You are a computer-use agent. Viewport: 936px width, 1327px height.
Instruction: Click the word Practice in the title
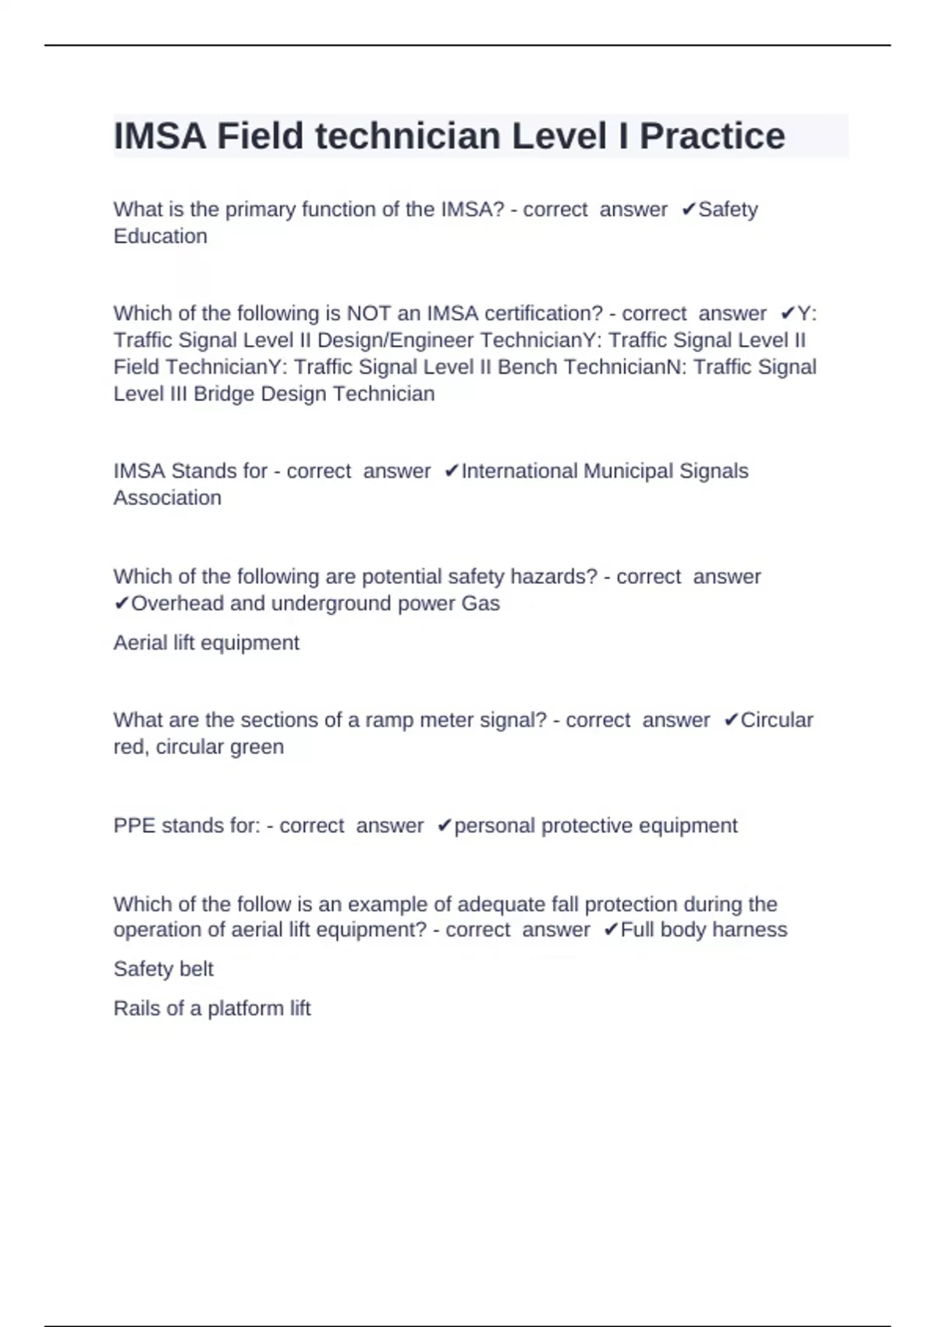(x=712, y=136)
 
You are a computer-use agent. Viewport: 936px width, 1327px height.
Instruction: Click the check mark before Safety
(x=688, y=209)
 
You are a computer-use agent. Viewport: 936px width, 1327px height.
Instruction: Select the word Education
(x=161, y=236)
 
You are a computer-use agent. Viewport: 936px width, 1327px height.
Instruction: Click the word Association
(x=168, y=497)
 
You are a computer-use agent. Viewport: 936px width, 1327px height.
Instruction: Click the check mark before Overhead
(x=121, y=603)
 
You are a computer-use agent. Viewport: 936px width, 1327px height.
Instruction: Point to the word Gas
(x=480, y=603)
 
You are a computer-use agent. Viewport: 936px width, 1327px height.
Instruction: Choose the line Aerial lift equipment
(x=206, y=642)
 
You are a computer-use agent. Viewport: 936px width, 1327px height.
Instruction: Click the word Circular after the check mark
(x=776, y=720)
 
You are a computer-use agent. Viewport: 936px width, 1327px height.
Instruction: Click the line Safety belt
(x=163, y=969)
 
